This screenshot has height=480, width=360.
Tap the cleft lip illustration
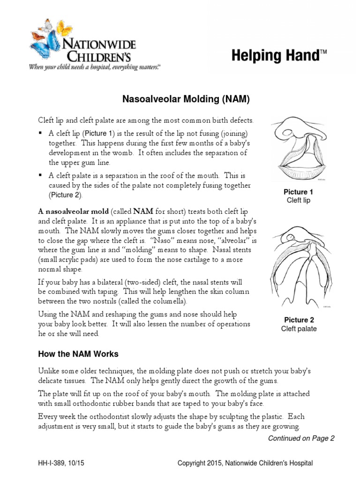[299, 149]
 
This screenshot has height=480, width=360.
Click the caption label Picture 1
[299, 192]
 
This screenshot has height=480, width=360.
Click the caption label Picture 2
[299, 320]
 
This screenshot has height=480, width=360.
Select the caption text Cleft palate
[299, 329]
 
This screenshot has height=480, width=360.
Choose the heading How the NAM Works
[78, 353]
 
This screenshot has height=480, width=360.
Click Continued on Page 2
[301, 438]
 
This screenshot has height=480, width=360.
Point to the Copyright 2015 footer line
[245, 464]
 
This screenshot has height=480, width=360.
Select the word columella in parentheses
[170, 300]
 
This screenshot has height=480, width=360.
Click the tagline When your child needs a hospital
[94, 67]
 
